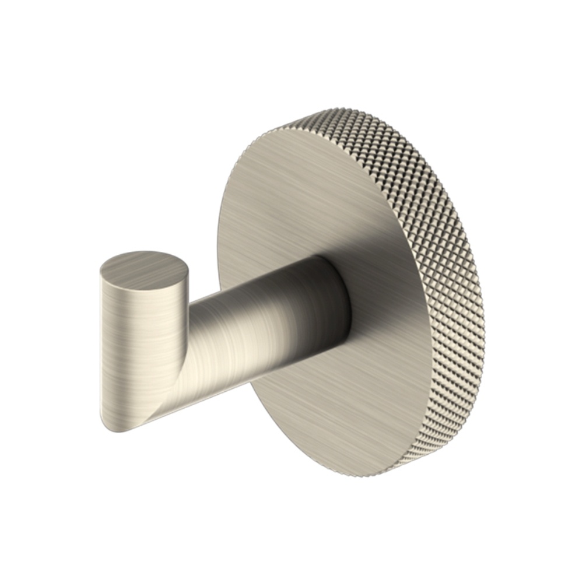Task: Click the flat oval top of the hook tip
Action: tap(145, 269)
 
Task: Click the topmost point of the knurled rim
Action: tap(315, 110)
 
